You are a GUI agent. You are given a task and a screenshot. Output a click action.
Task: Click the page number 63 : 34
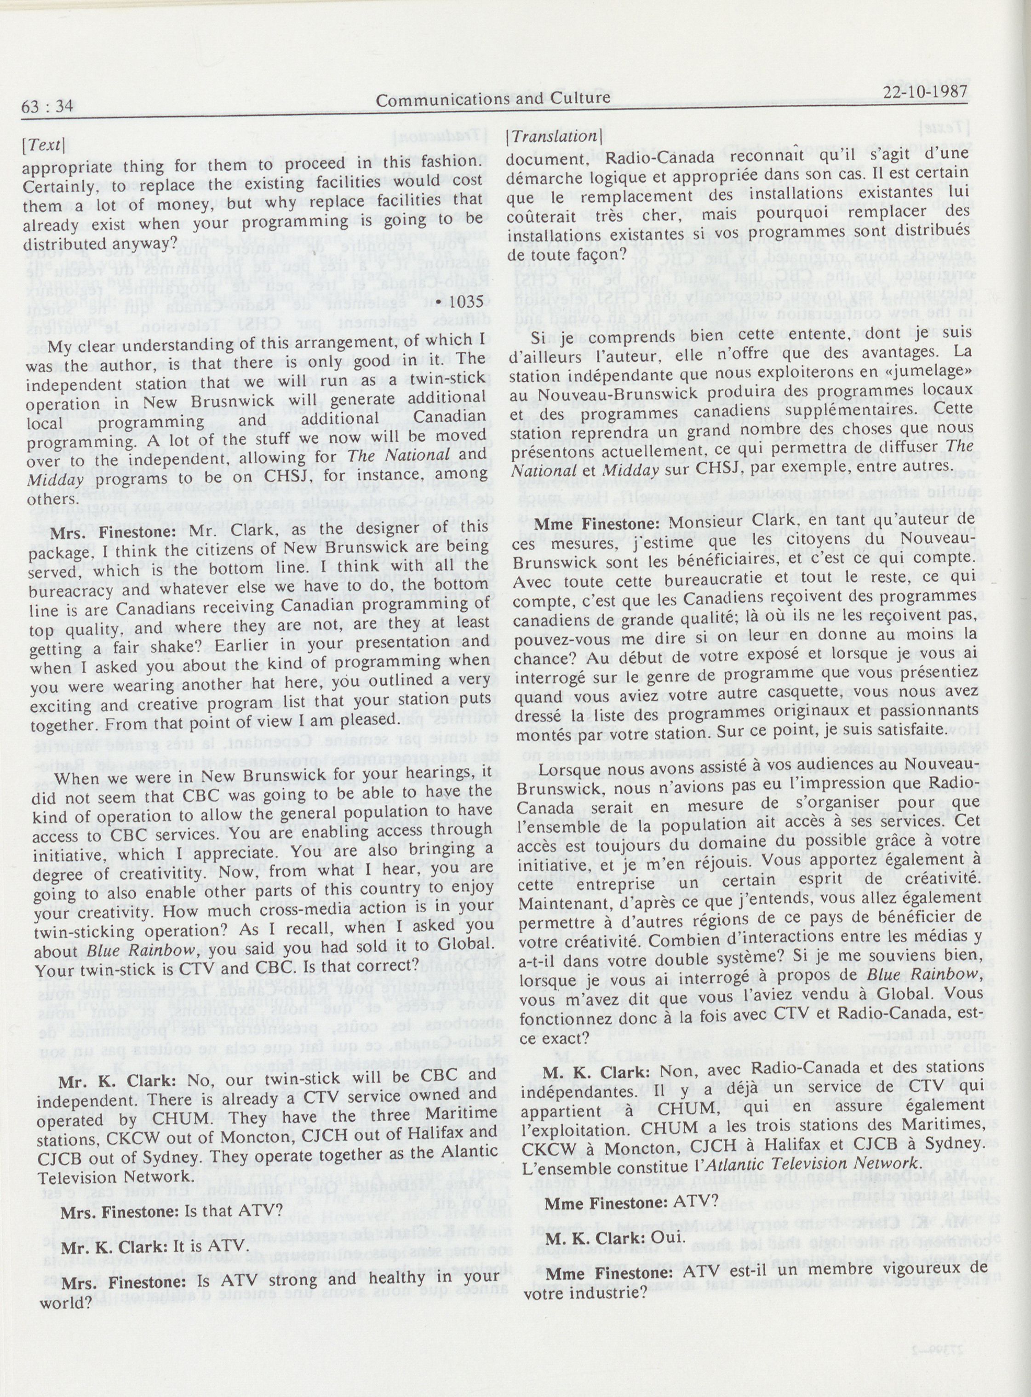(47, 107)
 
